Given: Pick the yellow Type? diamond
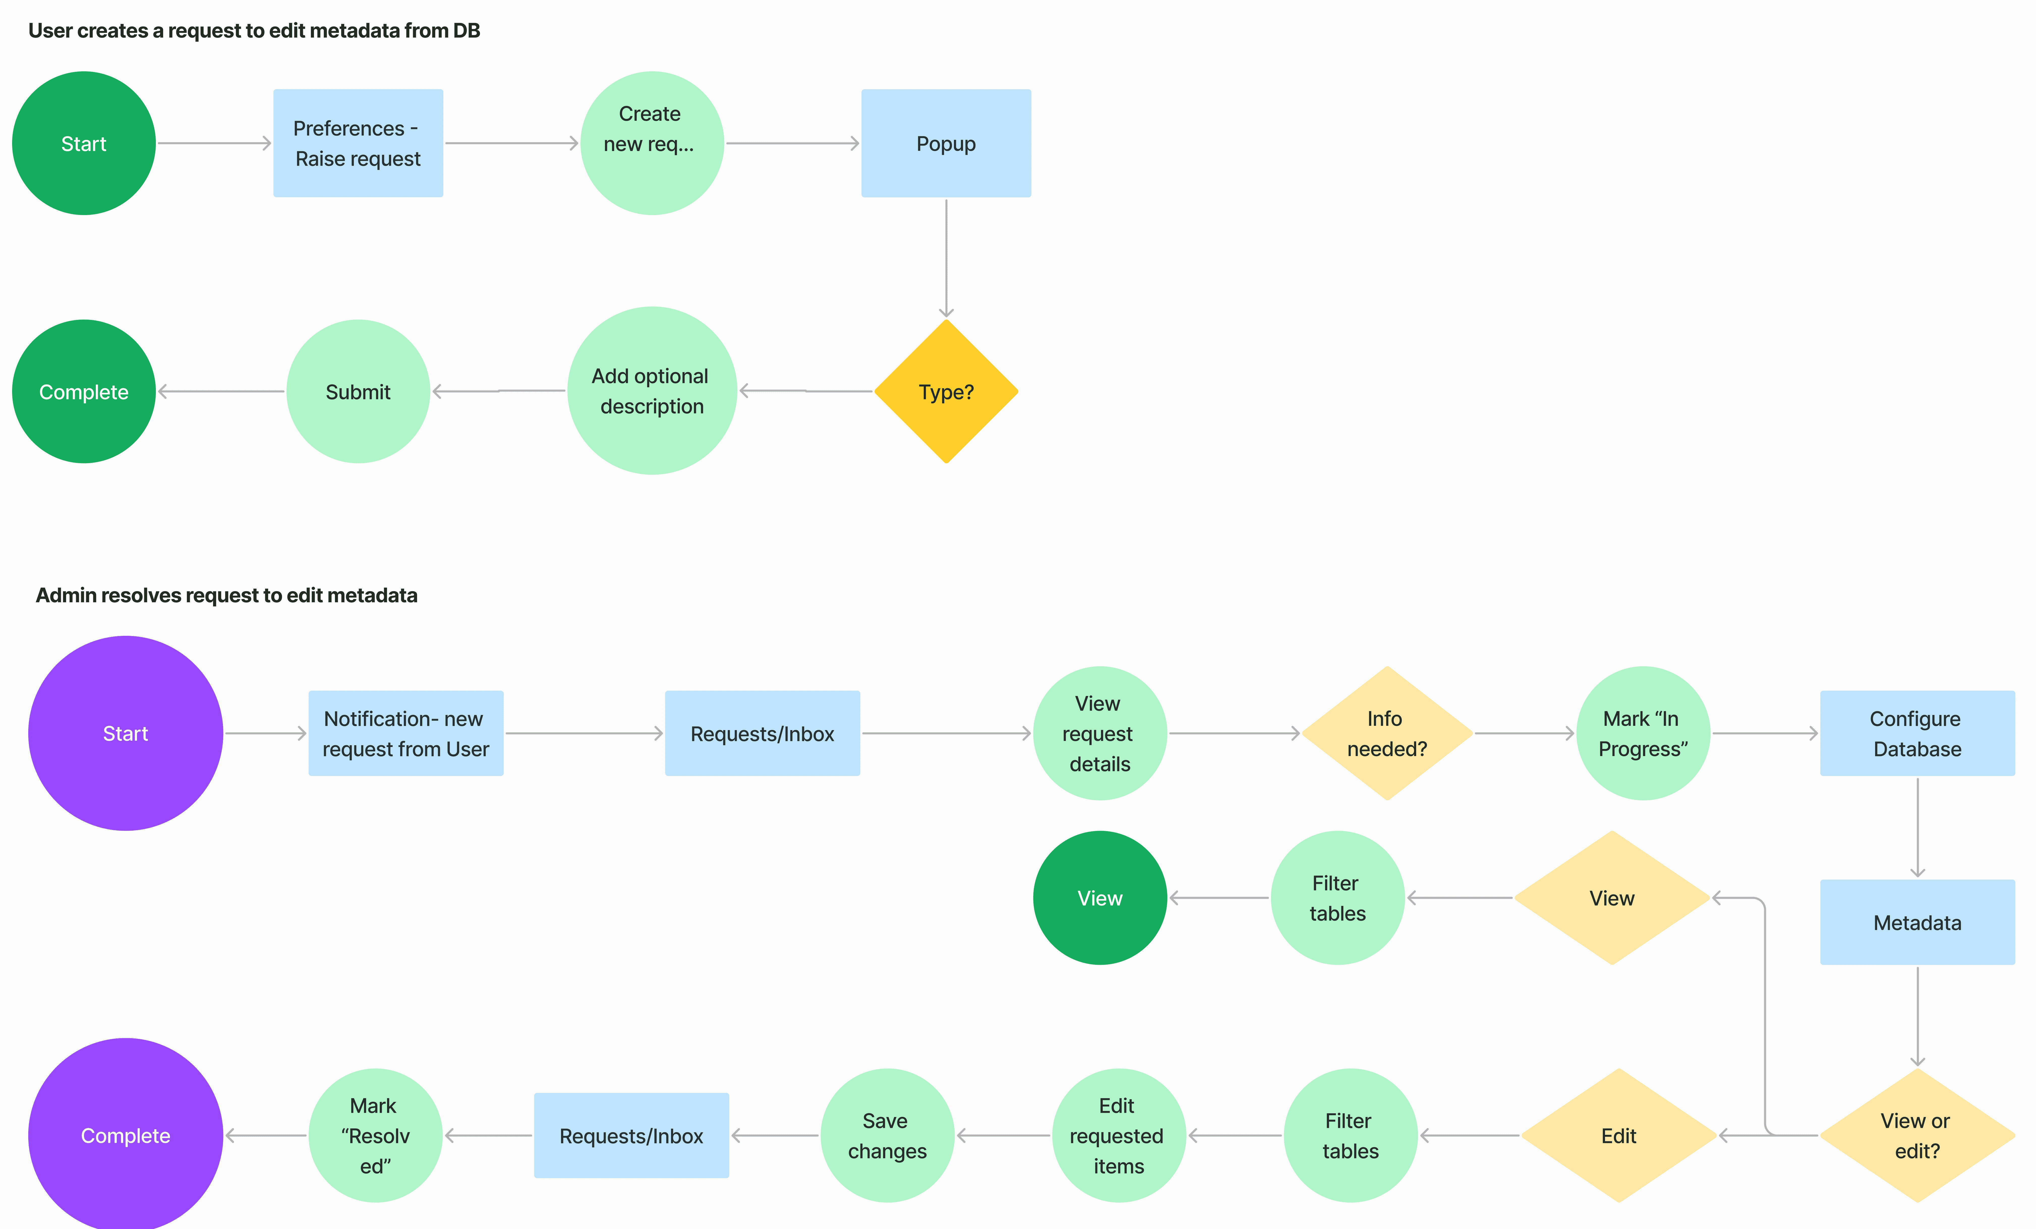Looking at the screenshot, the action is pos(946,392).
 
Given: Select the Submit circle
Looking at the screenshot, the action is pos(358,392).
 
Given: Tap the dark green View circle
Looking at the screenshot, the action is pos(1100,898).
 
